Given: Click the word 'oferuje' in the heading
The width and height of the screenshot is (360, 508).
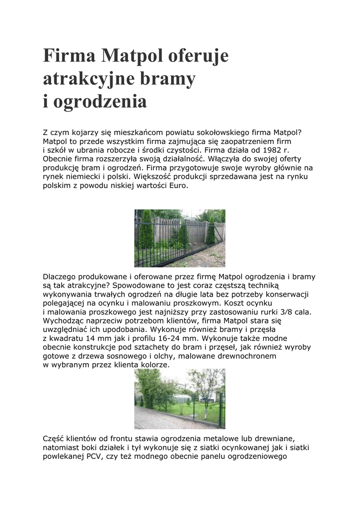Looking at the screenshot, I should (x=198, y=56).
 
